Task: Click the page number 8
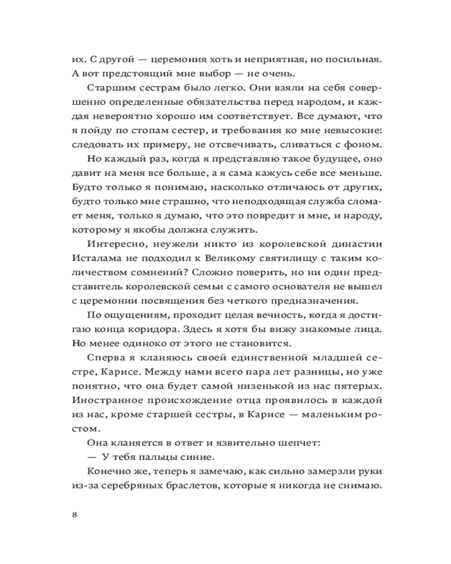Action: click(76, 515)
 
